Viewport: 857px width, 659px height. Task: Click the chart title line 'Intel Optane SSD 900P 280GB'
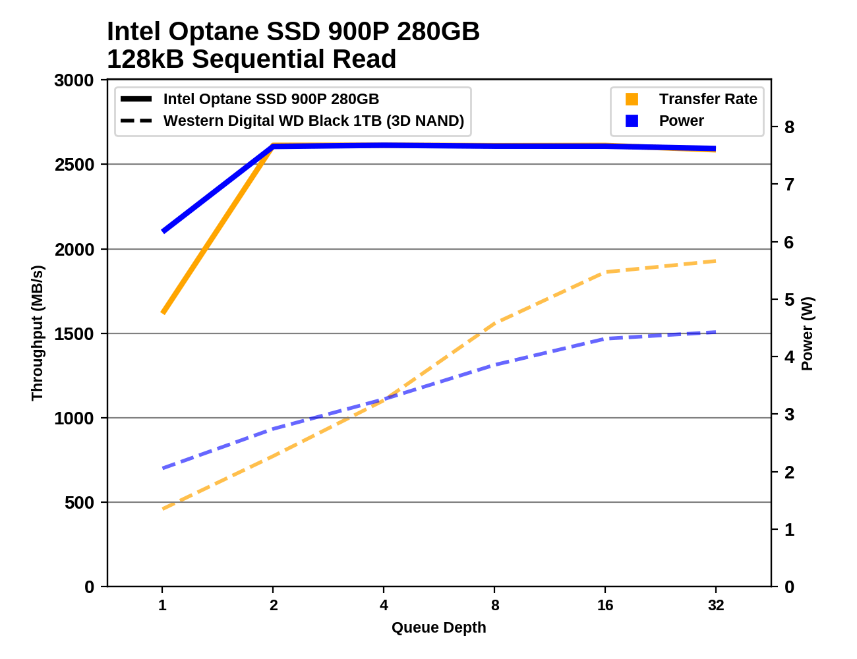tap(293, 32)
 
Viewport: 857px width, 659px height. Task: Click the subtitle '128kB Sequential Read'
tap(251, 59)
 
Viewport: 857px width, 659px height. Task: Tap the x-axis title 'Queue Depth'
tap(438, 627)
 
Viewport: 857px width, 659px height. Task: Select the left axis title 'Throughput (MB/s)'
tap(37, 333)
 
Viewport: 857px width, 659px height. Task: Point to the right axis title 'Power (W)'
tap(808, 333)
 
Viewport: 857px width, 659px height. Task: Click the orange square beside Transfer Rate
tap(632, 99)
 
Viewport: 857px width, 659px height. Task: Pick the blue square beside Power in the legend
tap(632, 121)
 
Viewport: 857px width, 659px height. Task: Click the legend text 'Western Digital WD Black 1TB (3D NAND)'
tap(314, 121)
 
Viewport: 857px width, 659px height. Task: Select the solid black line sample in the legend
tap(136, 99)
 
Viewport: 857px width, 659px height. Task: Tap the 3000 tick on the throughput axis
tap(74, 80)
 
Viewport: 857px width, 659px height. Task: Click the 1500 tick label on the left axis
tap(74, 333)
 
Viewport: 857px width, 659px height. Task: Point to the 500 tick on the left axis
tap(80, 502)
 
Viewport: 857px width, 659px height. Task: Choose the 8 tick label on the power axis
tap(789, 127)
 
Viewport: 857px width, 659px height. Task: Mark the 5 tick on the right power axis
tap(789, 299)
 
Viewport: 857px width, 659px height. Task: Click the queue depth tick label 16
tap(605, 605)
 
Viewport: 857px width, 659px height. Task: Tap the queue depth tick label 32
tap(716, 605)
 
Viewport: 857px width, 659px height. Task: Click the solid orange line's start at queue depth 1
tap(163, 312)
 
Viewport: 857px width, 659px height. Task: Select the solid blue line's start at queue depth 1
tap(163, 231)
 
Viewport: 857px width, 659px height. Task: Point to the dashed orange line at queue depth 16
tap(605, 272)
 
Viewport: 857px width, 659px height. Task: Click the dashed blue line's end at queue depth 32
tap(715, 332)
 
